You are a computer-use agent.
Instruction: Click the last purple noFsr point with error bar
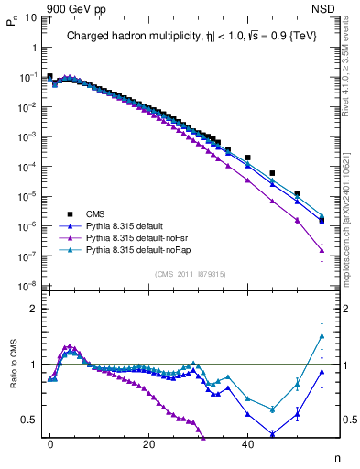coord(322,250)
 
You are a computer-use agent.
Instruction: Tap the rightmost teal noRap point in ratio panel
coord(322,336)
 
